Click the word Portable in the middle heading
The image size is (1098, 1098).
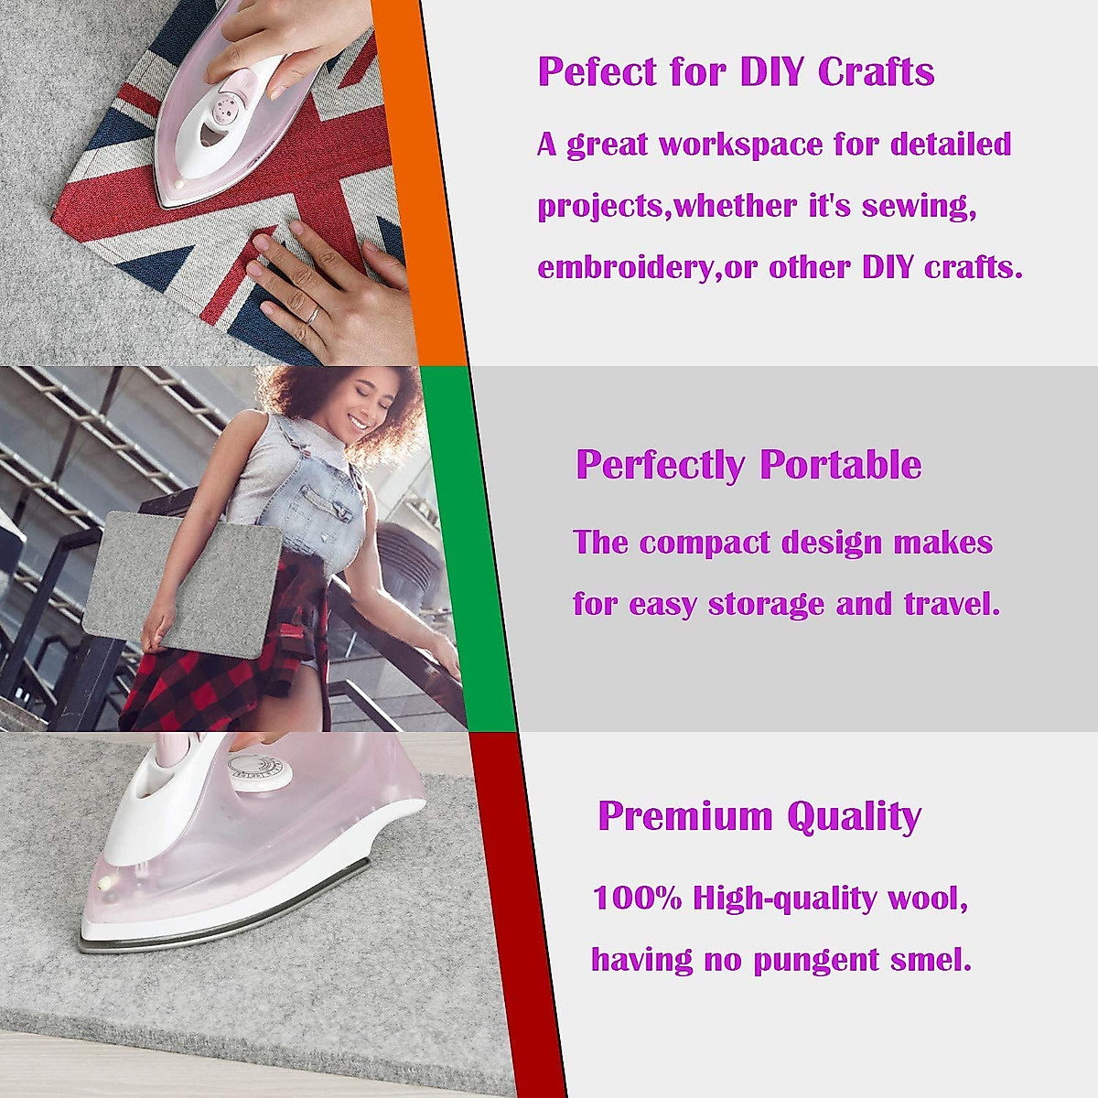840,465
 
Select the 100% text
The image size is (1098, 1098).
638,898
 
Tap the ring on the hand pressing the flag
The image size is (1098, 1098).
313,315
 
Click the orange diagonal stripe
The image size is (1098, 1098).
430,183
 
